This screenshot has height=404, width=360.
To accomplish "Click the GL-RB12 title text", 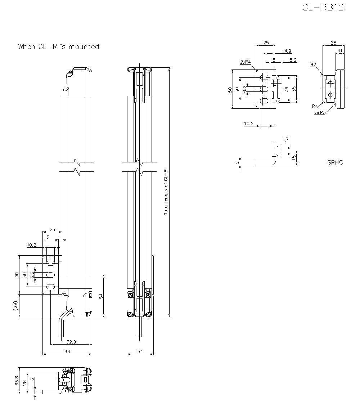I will point(323,8).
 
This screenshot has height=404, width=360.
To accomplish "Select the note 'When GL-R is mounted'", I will point(59,46).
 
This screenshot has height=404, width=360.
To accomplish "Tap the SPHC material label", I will point(335,162).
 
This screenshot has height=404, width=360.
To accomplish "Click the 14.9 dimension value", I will point(287,51).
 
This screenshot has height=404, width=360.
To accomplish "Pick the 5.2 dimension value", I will point(293,60).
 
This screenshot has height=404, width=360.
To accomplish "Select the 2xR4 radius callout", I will point(246,62).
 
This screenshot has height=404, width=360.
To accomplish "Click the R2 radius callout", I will point(313,65).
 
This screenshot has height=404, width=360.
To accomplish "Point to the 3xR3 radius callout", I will point(320,113).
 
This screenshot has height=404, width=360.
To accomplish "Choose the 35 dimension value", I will point(294,89).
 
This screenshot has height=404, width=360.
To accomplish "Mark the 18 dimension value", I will point(294,157).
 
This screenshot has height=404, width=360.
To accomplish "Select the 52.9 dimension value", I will point(71,341).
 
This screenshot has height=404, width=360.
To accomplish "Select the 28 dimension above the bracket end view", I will point(333,43).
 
